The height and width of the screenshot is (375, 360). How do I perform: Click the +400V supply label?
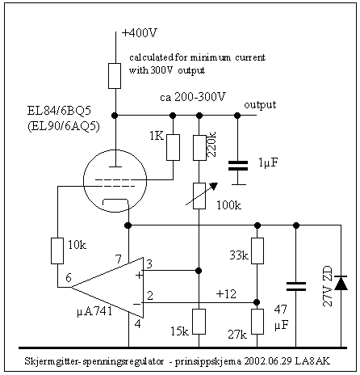coord(140,33)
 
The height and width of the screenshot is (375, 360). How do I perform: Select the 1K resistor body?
coord(173,147)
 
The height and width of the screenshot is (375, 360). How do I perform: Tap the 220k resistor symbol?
coord(199,147)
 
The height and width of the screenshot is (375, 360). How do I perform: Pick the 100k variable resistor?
coord(199,196)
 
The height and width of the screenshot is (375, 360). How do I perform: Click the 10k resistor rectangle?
coord(57,251)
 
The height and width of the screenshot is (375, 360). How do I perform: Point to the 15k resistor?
coord(199,322)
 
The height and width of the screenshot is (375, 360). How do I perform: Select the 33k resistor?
coord(257,251)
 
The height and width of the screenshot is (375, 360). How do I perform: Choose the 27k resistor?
coord(257,322)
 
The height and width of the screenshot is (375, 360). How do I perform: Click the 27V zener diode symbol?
coord(341,283)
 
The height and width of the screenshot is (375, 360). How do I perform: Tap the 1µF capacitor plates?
coord(238,166)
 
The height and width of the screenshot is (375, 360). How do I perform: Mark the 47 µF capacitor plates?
coord(296,286)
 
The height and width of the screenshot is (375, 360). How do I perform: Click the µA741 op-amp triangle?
coord(107,288)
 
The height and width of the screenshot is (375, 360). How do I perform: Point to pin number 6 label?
coord(69,277)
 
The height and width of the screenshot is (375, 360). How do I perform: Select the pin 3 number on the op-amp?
coord(149,263)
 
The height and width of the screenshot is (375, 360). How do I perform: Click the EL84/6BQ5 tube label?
coord(59,111)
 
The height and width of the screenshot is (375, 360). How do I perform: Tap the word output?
coord(260,105)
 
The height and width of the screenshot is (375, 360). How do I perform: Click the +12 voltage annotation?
coord(226,293)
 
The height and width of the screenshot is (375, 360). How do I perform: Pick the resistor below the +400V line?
coord(115,76)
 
